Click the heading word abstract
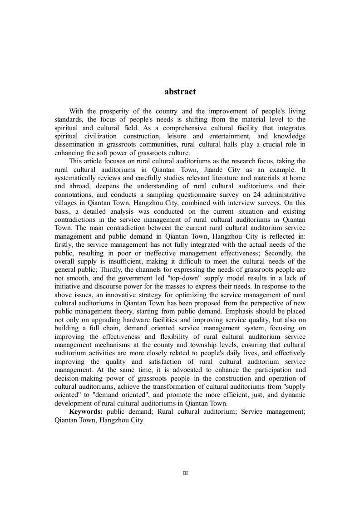(x=180, y=92)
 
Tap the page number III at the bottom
(x=185, y=473)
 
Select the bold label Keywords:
(x=86, y=411)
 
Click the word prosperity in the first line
(x=112, y=111)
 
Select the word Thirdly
(x=119, y=269)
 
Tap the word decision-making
(x=78, y=378)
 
